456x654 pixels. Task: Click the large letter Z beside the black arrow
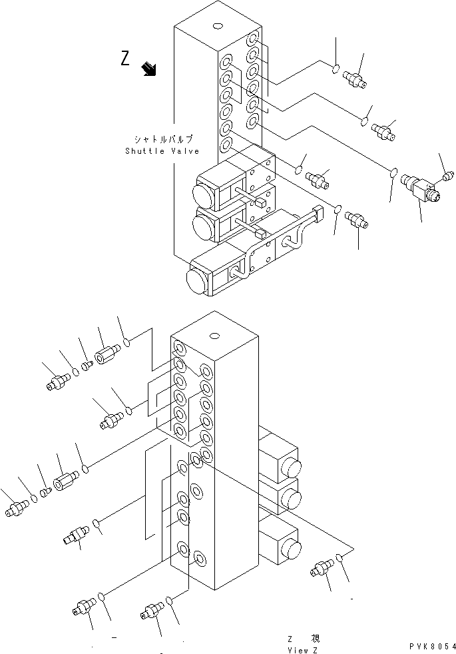click(x=125, y=59)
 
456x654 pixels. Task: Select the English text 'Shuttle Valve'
click(x=162, y=151)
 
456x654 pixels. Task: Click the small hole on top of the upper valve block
click(x=218, y=27)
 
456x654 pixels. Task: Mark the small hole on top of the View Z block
click(x=214, y=336)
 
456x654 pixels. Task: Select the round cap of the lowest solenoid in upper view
click(x=198, y=280)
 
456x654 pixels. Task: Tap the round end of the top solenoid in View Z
click(x=293, y=464)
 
